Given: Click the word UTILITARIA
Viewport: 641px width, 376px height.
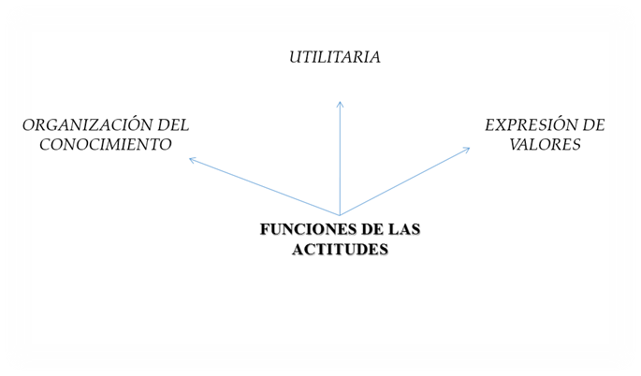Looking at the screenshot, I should [x=334, y=57].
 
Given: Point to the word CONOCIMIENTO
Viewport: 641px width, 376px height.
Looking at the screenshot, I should [x=98, y=145].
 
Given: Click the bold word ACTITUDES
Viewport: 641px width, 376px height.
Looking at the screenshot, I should [x=339, y=250].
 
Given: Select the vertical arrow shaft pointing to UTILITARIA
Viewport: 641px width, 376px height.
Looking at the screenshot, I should [x=340, y=159].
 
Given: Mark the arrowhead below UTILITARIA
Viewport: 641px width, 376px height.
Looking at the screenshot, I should [x=340, y=103].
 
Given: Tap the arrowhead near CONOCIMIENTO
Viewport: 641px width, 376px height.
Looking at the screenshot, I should [x=192, y=160].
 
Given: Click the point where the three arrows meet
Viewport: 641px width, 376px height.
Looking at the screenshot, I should [x=340, y=215].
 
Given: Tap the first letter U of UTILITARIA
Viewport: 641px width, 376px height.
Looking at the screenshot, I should [x=294, y=57].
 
